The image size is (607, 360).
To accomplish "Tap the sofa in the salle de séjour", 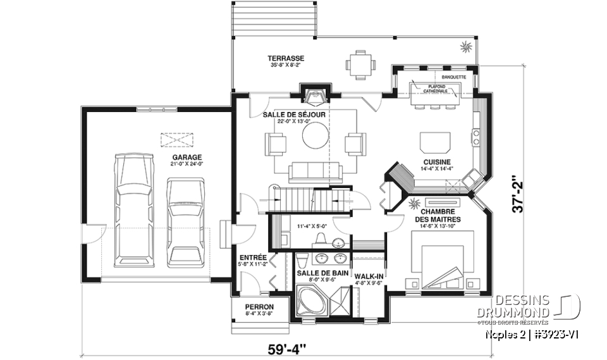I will [x=314, y=171].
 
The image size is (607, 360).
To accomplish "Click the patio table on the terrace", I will [x=360, y=63].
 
